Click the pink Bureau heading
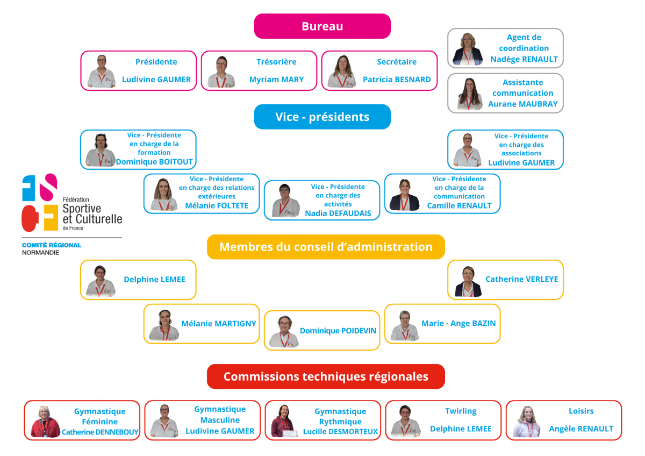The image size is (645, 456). click(x=322, y=26)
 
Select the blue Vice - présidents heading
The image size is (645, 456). click(x=322, y=117)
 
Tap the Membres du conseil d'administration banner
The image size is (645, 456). click(x=326, y=247)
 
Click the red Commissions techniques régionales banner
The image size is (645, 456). click(x=326, y=376)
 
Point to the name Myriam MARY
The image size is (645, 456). click(x=276, y=80)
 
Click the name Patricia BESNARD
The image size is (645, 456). click(x=397, y=80)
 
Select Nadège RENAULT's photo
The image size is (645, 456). click(x=468, y=49)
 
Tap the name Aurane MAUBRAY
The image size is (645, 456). click(x=522, y=104)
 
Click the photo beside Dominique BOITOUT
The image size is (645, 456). click(x=101, y=150)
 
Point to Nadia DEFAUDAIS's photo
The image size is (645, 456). click(x=285, y=200)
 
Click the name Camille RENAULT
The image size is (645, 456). click(x=459, y=205)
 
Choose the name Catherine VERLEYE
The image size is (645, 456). click(x=521, y=279)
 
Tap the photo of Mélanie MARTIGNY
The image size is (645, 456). click(x=164, y=325)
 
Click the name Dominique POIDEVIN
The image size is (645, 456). click(x=338, y=331)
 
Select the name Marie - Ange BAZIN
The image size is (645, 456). click(x=458, y=323)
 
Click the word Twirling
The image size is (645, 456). click(x=461, y=411)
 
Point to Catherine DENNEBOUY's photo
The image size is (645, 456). click(x=45, y=422)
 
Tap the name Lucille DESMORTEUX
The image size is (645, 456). click(x=340, y=431)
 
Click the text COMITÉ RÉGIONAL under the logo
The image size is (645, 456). click(x=52, y=245)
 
